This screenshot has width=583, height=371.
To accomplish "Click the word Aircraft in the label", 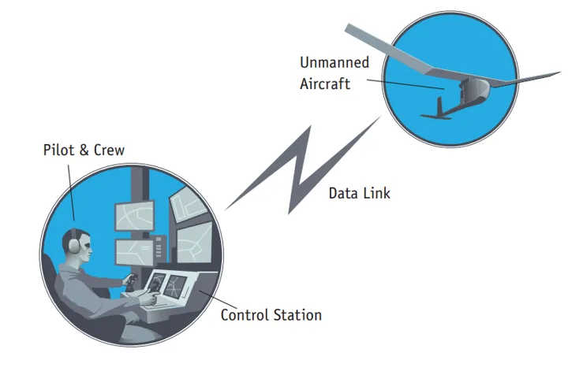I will point(326,84).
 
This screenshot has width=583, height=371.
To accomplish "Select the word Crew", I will point(107,150).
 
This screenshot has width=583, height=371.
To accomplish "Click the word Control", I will point(245,315).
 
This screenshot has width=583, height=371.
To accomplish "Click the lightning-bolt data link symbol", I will point(293,166).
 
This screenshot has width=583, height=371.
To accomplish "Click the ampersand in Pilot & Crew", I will point(82,150).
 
